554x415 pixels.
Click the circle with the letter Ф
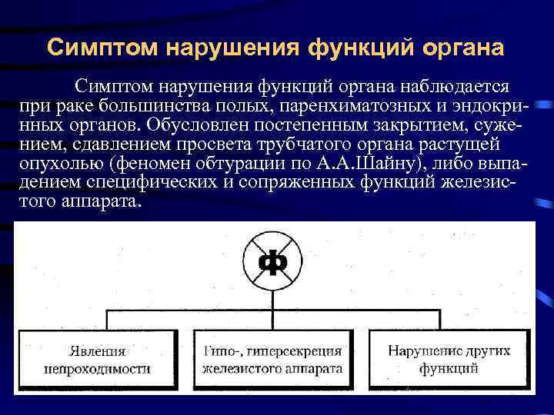click(x=275, y=262)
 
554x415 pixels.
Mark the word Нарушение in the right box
click(x=419, y=351)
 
